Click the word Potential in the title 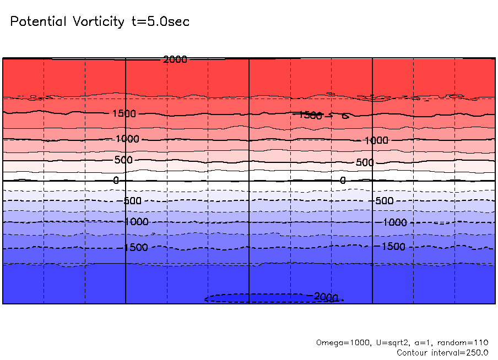click(x=37, y=22)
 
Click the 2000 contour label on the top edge click(x=175, y=59)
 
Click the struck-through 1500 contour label click(x=308, y=115)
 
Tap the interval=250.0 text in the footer click(x=461, y=352)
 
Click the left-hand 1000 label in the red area click(x=128, y=139)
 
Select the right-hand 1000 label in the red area click(x=376, y=141)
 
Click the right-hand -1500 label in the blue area click(x=392, y=247)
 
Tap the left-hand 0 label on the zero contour click(x=116, y=181)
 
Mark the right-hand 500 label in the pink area click(x=365, y=163)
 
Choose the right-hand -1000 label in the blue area click(x=393, y=222)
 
